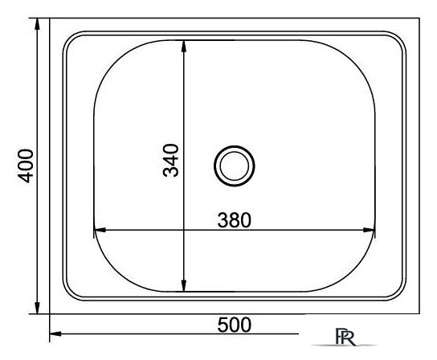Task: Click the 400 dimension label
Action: pyautogui.click(x=26, y=166)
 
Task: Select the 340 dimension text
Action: pyautogui.click(x=170, y=161)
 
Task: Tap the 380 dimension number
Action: pyautogui.click(x=234, y=220)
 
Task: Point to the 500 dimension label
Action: pyautogui.click(x=234, y=325)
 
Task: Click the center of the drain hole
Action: pyautogui.click(x=234, y=166)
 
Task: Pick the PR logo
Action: pyautogui.click(x=345, y=337)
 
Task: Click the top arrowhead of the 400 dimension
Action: pyautogui.click(x=37, y=24)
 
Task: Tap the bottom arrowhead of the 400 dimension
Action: pyautogui.click(x=37, y=308)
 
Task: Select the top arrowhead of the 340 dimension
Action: pyautogui.click(x=183, y=47)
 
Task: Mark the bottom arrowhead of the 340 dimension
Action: pyautogui.click(x=183, y=285)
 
